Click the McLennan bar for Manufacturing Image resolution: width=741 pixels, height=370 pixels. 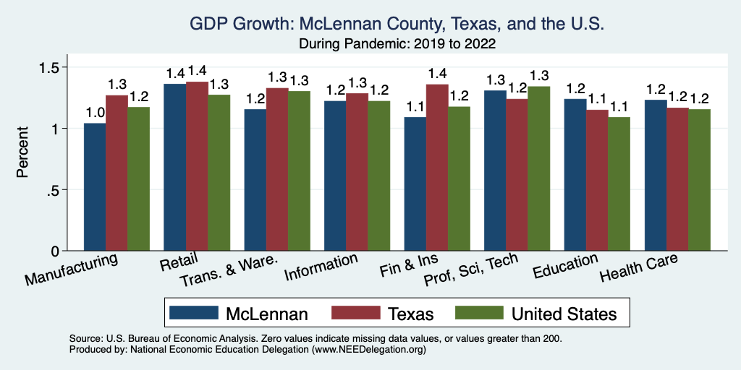(x=95, y=187)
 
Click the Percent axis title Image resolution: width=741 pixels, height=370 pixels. (x=23, y=153)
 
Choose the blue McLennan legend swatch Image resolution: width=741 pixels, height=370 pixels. (x=194, y=313)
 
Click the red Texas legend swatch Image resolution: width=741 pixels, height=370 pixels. (x=355, y=313)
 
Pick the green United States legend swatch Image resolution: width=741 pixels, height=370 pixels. (x=479, y=313)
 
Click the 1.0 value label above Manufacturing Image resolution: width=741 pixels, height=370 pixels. (x=96, y=113)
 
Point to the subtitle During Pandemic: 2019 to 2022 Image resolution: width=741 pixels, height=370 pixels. (x=397, y=44)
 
